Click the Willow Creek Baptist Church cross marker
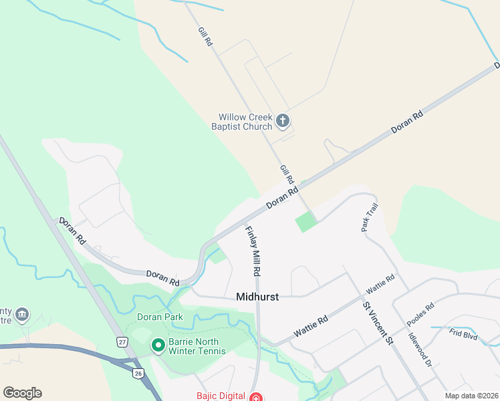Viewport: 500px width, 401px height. click(282, 121)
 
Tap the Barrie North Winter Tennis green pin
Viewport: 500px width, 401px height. click(158, 346)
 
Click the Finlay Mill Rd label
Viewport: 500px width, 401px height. click(252, 251)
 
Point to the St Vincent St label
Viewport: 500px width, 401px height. click(378, 323)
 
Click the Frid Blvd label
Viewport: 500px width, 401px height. click(463, 335)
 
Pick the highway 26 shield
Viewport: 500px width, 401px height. click(138, 372)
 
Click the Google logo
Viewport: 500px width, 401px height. click(22, 393)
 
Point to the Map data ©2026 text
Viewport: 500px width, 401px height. click(471, 396)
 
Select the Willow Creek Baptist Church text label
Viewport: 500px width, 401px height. click(241, 122)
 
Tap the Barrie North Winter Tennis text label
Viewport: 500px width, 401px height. click(197, 346)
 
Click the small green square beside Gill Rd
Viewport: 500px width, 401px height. click(305, 221)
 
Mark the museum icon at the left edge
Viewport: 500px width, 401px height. click(22, 313)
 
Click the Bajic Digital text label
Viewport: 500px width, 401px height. click(220, 396)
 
